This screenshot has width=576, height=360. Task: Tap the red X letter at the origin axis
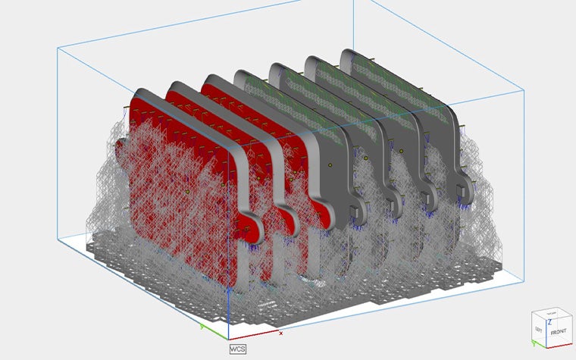(281, 332)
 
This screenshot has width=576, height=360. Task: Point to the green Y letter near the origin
(202, 327)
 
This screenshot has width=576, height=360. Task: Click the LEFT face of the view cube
(539, 330)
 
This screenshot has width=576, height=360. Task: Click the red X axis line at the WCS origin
(254, 335)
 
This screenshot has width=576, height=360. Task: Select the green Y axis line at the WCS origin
(215, 332)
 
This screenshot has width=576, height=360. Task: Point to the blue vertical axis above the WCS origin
(228, 303)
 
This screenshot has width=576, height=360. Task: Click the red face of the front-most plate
(174, 189)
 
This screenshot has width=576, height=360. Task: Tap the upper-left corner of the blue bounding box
(58, 47)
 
